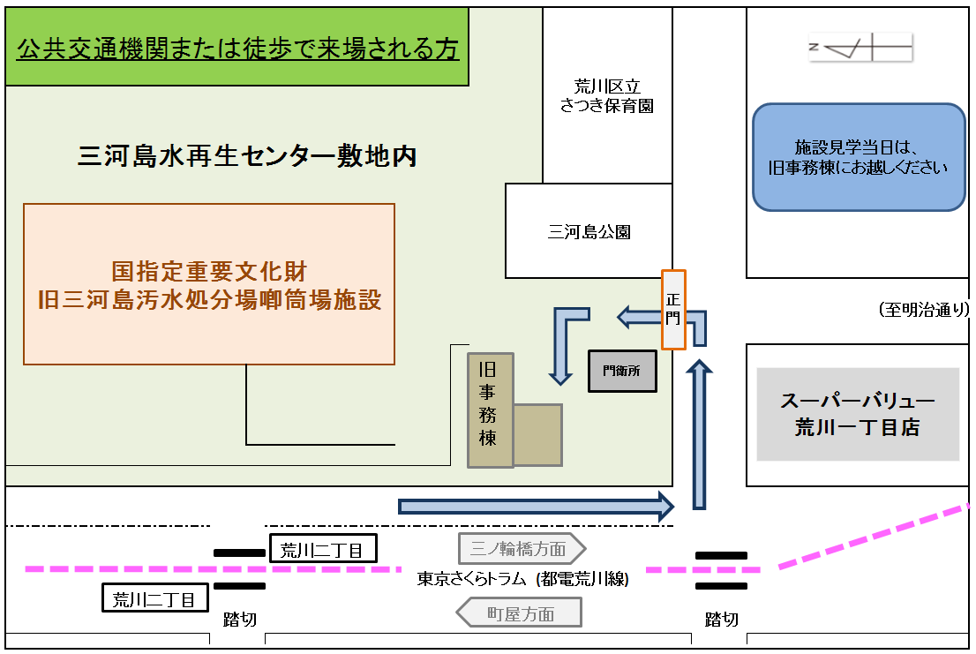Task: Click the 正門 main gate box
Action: click(x=673, y=309)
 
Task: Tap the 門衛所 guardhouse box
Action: click(x=622, y=371)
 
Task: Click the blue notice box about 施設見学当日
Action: click(x=859, y=157)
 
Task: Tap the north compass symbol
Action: click(x=860, y=47)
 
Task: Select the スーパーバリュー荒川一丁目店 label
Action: click(x=857, y=414)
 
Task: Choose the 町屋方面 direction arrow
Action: click(x=519, y=613)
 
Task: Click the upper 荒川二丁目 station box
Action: click(x=322, y=549)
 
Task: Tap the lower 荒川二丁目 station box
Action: click(x=155, y=598)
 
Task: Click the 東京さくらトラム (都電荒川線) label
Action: click(x=522, y=580)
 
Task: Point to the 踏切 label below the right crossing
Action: click(x=721, y=619)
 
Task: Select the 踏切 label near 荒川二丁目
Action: click(x=239, y=619)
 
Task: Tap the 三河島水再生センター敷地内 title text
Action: click(x=247, y=156)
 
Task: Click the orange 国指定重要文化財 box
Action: click(x=209, y=284)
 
